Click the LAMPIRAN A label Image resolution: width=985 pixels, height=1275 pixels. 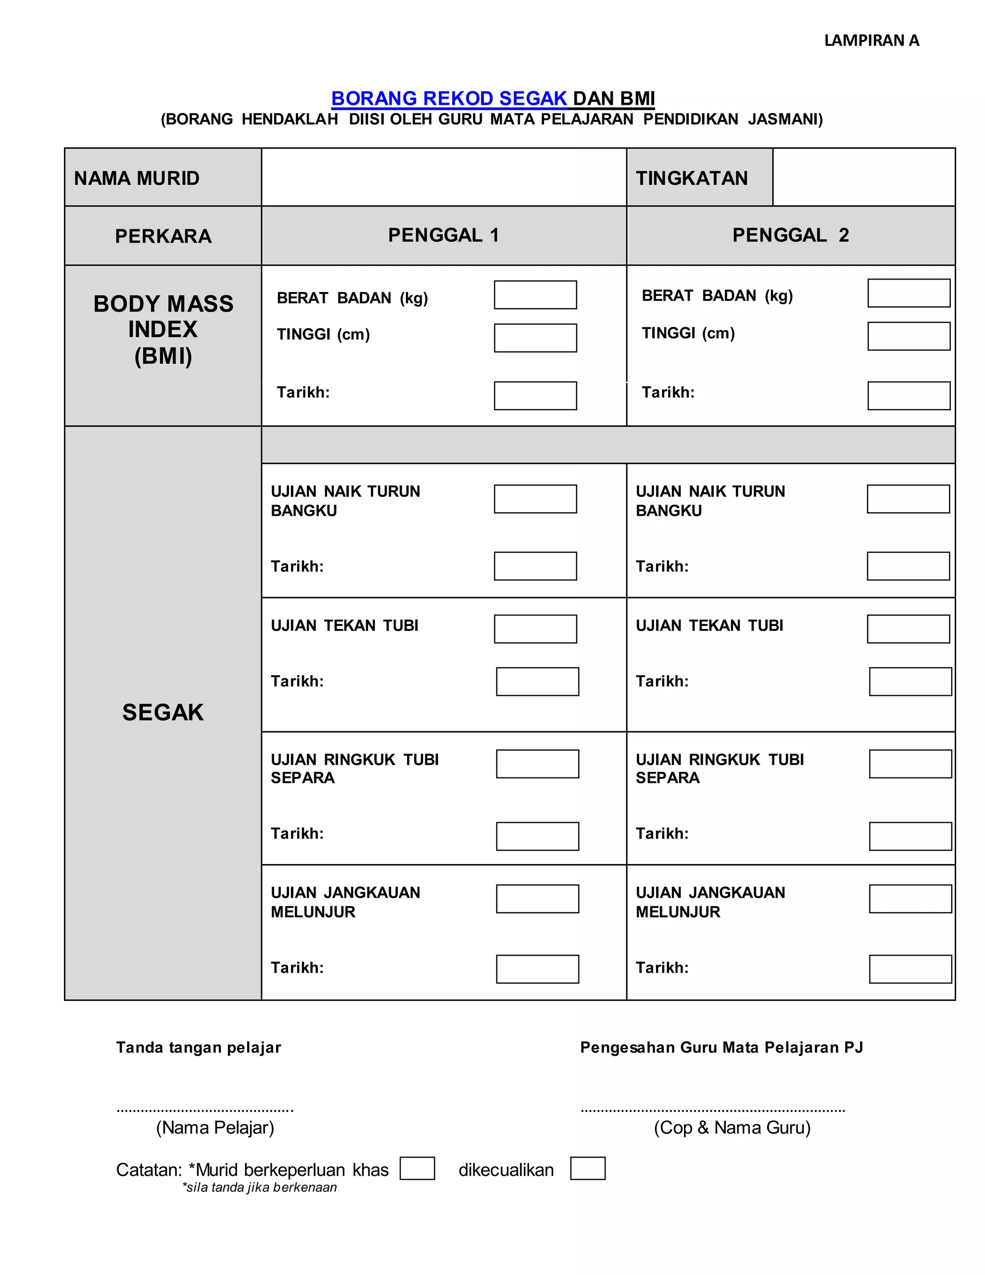pyautogui.click(x=871, y=40)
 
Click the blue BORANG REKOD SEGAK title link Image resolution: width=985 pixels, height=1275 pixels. pyautogui.click(x=449, y=98)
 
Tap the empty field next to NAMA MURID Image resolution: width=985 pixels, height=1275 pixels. pyautogui.click(x=443, y=178)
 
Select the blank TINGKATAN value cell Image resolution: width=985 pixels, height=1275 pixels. pyautogui.click(x=864, y=178)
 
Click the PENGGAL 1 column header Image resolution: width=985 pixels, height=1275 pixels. pyautogui.click(x=443, y=235)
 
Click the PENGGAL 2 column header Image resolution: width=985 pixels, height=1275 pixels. pyautogui.click(x=791, y=235)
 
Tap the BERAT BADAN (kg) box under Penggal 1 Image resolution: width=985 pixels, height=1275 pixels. pyautogui.click(x=535, y=295)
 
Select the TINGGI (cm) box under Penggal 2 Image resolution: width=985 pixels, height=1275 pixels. pyautogui.click(x=909, y=336)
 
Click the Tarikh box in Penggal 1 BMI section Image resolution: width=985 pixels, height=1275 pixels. pyautogui.click(x=535, y=396)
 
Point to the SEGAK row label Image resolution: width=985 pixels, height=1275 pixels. pyautogui.click(x=163, y=712)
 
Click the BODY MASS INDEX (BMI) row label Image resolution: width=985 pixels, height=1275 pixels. pyautogui.click(x=163, y=330)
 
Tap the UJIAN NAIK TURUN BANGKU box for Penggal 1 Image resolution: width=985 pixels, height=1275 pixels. pyautogui.click(x=535, y=499)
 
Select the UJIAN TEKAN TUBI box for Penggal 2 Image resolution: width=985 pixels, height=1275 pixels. pyautogui.click(x=908, y=629)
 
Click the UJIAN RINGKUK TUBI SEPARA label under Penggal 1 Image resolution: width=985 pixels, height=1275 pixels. pyautogui.click(x=354, y=768)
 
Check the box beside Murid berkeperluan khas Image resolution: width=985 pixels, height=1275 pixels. pyautogui.click(x=417, y=1169)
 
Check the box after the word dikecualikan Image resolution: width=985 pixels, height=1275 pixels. pyautogui.click(x=588, y=1169)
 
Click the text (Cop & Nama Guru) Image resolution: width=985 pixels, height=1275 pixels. pyautogui.click(x=732, y=1127)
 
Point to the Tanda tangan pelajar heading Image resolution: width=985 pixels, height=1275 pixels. pyautogui.click(x=199, y=1047)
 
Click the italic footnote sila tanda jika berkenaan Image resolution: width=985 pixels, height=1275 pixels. pyautogui.click(x=260, y=1187)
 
